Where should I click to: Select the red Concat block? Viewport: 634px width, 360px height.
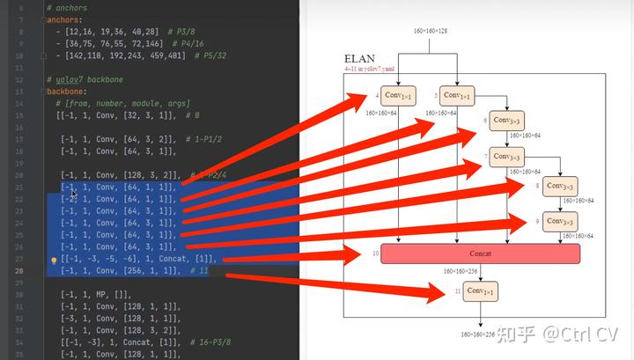(x=481, y=253)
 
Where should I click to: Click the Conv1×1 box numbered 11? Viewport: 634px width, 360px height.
(x=481, y=290)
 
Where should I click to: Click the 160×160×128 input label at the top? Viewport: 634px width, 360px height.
(x=431, y=32)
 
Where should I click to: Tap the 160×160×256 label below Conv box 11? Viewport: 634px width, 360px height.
(x=478, y=335)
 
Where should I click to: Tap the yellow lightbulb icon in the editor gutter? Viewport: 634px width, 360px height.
(x=54, y=261)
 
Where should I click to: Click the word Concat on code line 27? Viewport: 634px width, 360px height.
(x=171, y=260)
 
